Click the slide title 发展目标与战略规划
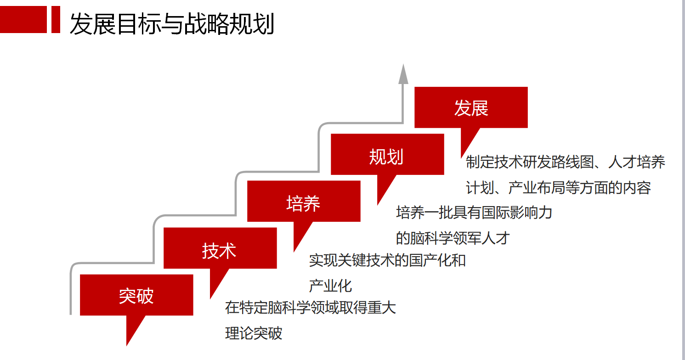[172, 23]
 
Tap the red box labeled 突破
[136, 295]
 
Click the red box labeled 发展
[471, 107]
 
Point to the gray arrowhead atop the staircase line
[403, 74]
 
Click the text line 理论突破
[254, 333]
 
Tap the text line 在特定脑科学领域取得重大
[311, 307]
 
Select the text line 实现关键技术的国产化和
[387, 260]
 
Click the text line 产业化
[330, 286]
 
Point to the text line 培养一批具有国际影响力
[474, 213]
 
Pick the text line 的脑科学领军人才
[453, 238]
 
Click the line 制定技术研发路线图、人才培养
[566, 162]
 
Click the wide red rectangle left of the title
[23, 19]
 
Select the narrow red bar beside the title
[56, 19]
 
